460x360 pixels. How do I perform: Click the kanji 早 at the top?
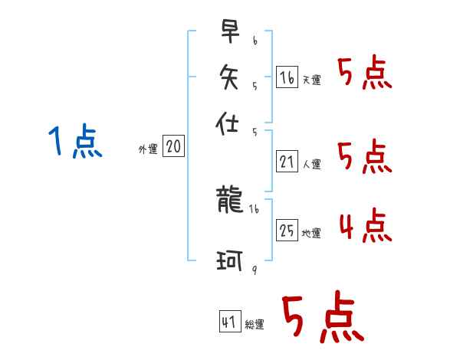point(230,31)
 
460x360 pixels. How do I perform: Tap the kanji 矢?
point(230,76)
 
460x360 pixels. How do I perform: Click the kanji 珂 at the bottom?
point(230,263)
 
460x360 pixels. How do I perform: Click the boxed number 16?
point(287,77)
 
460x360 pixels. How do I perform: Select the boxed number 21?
point(287,161)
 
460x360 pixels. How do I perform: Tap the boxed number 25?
point(287,230)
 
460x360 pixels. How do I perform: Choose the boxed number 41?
point(229,322)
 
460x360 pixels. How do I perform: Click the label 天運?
point(311,80)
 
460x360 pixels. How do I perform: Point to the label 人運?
point(311,164)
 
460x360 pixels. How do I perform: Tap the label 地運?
point(311,233)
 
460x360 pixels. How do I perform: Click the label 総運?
point(254,326)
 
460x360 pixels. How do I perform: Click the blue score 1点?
point(74,142)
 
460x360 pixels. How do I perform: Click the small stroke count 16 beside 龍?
point(255,208)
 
